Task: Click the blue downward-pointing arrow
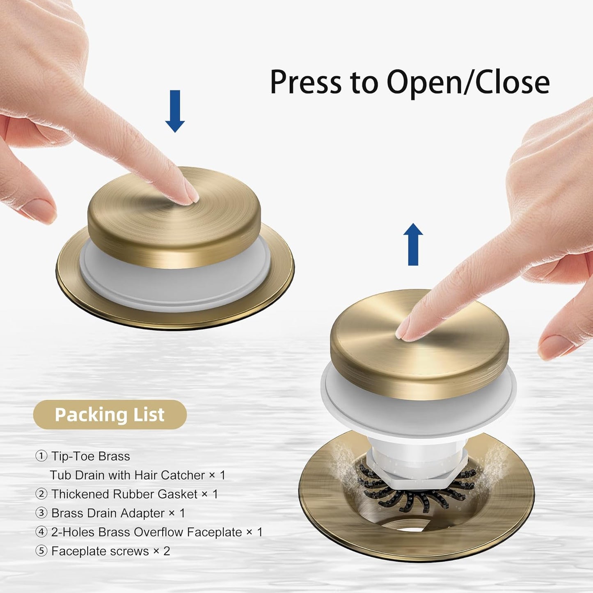(x=175, y=111)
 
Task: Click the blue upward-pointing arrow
(x=413, y=244)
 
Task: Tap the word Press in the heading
(x=306, y=82)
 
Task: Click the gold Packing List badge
(x=110, y=414)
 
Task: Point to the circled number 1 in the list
(x=41, y=456)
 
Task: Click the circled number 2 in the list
(x=41, y=494)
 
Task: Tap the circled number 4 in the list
(x=41, y=532)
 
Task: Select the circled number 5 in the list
(x=41, y=551)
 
